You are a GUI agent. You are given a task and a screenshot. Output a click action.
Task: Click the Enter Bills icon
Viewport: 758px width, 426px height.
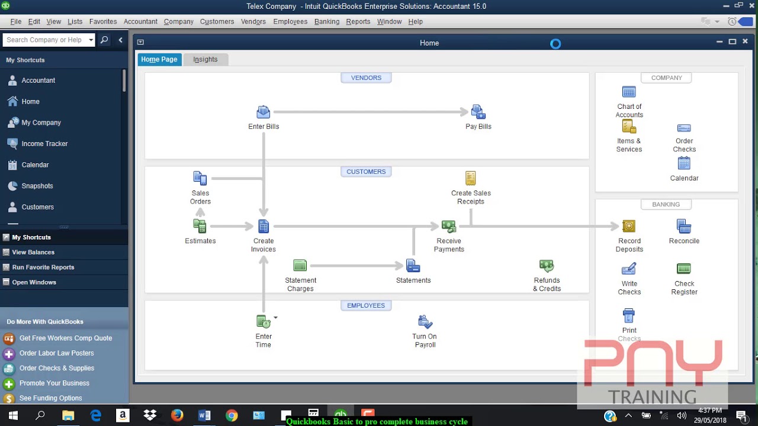point(264,112)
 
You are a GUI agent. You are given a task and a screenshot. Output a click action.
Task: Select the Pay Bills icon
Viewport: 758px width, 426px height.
point(478,112)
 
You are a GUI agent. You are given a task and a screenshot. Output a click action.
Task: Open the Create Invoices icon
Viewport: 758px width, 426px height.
point(264,226)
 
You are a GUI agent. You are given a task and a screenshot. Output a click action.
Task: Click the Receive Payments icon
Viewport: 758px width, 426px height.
point(449,226)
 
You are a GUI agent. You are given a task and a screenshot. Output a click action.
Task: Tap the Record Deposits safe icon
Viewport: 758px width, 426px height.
point(629,226)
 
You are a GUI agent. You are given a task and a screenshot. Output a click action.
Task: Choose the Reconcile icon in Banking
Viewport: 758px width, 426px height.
point(684,226)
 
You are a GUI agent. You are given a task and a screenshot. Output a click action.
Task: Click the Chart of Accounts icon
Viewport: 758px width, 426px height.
point(629,92)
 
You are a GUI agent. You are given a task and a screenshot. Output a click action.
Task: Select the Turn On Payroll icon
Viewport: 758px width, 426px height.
point(425,322)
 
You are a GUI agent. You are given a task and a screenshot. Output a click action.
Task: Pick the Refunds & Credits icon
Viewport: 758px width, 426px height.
point(547,266)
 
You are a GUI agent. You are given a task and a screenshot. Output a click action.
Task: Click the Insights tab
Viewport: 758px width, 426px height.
point(205,59)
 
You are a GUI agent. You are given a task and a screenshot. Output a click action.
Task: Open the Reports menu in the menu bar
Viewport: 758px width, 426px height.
point(358,21)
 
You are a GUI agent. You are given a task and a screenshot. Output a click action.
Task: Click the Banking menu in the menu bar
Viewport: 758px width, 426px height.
point(327,21)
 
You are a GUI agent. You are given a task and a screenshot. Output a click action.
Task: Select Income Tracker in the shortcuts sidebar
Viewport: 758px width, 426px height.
point(44,144)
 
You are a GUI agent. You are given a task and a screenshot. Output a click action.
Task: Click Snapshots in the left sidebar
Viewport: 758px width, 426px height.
point(37,186)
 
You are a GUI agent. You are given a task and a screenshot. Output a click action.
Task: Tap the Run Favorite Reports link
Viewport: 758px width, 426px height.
point(43,267)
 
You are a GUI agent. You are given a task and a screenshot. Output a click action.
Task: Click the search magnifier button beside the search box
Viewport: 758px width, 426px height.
point(104,40)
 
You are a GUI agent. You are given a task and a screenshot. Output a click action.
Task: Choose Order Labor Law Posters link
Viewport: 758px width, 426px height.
point(56,353)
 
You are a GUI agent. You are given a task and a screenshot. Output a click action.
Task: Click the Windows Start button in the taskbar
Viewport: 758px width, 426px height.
point(13,415)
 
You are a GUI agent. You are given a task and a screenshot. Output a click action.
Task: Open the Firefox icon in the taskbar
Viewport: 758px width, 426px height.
point(177,415)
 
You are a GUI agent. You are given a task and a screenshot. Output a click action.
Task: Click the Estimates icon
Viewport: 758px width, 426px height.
point(200,226)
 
